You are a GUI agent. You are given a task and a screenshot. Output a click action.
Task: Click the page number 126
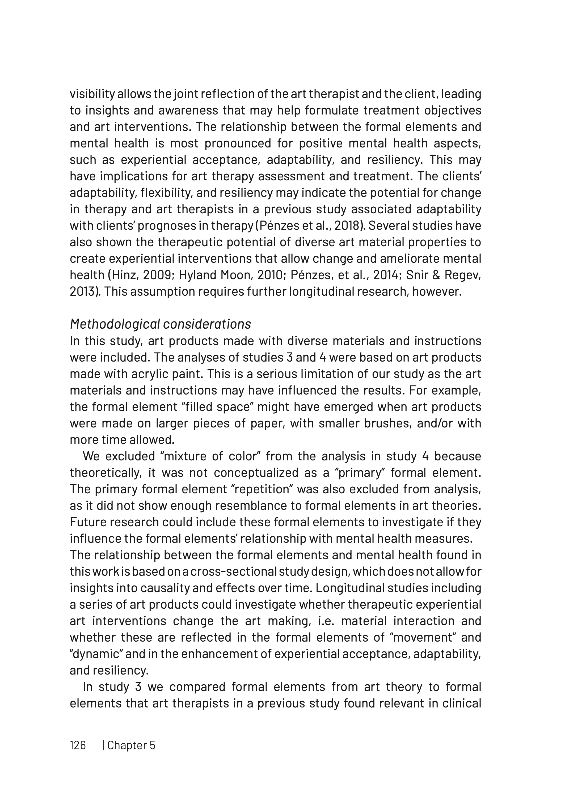pos(78,745)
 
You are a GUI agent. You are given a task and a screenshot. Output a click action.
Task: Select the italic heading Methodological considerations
pos(161,324)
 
